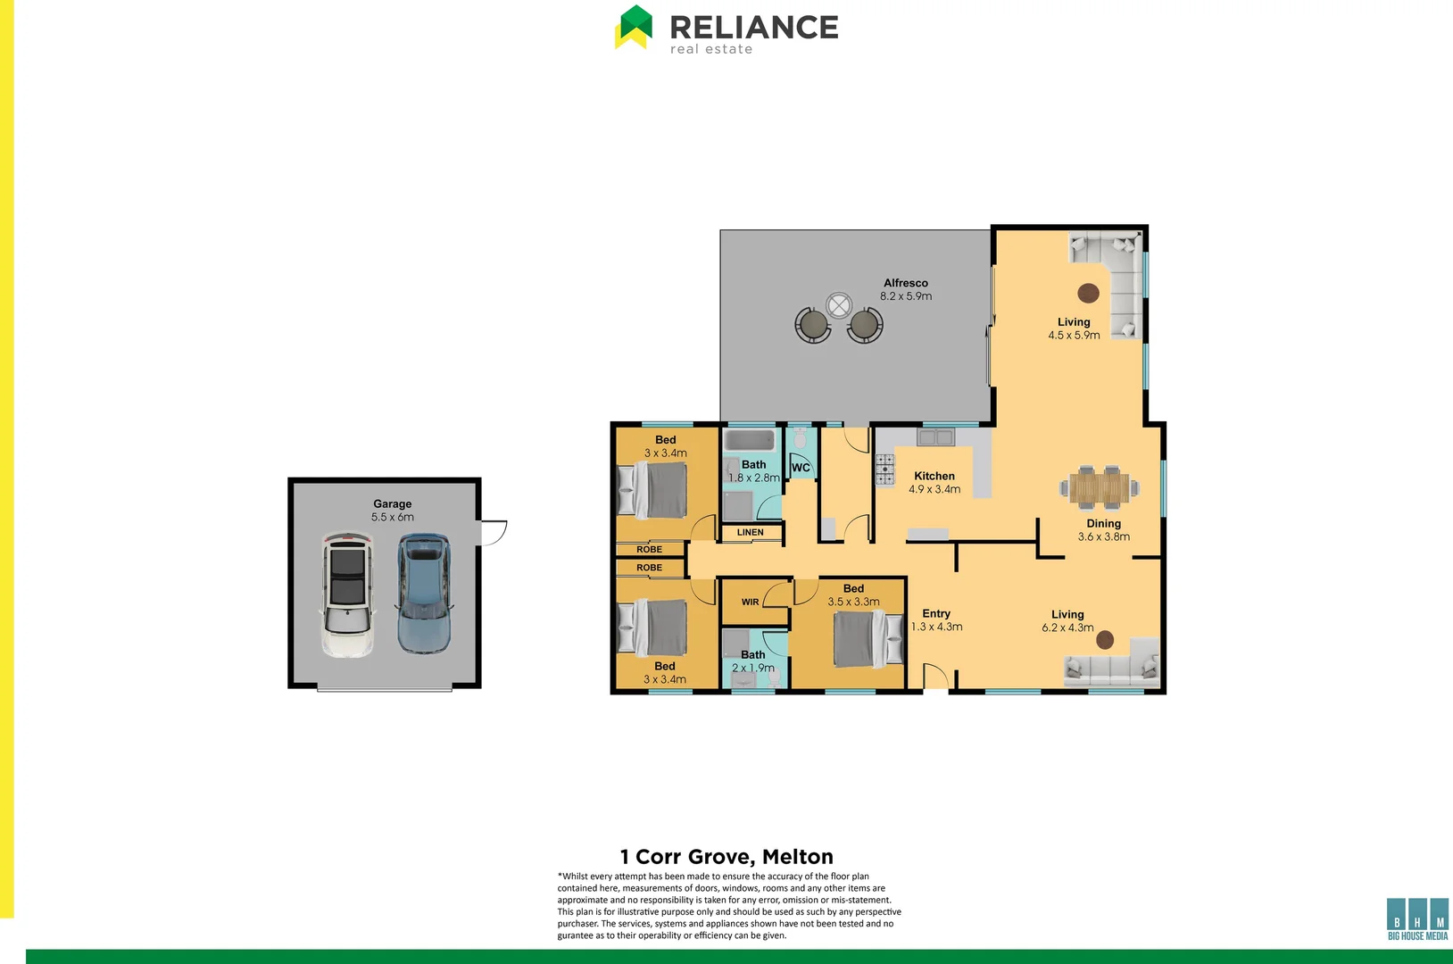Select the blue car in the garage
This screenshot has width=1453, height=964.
tap(424, 593)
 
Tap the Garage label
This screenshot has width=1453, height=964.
tap(393, 503)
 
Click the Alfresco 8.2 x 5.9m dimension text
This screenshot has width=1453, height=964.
tap(906, 296)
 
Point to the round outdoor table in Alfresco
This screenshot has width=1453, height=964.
tap(839, 306)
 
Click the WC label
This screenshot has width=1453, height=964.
tap(801, 468)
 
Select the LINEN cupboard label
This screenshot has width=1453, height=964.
tap(750, 533)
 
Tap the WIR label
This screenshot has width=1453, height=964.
tap(750, 602)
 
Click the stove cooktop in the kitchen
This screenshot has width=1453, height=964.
tap(884, 470)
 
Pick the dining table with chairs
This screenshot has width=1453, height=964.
tap(1100, 487)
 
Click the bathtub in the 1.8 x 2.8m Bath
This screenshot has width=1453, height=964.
tap(750, 441)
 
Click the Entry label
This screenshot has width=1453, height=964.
tap(936, 613)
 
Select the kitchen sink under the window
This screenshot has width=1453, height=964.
tap(935, 437)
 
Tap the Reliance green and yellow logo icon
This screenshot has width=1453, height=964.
tap(634, 27)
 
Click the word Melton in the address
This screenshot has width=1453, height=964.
tap(797, 857)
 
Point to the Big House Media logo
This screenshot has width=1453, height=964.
tap(1417, 918)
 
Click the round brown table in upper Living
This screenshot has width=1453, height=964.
tap(1088, 293)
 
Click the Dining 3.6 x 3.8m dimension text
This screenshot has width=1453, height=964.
tap(1103, 537)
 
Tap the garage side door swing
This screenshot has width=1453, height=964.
tap(494, 533)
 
